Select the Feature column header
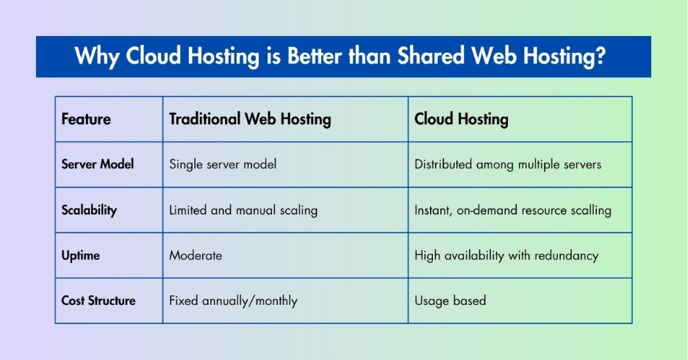(x=86, y=119)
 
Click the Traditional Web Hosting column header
(x=250, y=119)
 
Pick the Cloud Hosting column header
(x=461, y=119)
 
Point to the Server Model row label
(x=98, y=165)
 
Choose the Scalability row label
(x=89, y=210)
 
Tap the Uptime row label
(x=81, y=256)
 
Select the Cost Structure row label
(x=98, y=300)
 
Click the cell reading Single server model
(x=223, y=165)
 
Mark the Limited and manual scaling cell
(x=243, y=210)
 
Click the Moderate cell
(x=196, y=256)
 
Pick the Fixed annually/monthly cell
(x=233, y=300)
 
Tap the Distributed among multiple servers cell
(x=508, y=165)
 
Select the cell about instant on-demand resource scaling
(x=512, y=210)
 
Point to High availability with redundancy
(x=506, y=256)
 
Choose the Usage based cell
(x=450, y=300)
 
